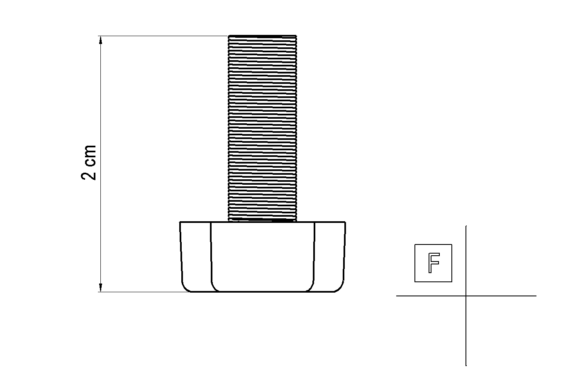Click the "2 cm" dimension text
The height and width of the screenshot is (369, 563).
(x=89, y=162)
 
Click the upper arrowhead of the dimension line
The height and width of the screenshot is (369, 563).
(x=101, y=40)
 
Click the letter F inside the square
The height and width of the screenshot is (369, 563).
(x=434, y=263)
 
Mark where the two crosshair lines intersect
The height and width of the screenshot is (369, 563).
(x=466, y=296)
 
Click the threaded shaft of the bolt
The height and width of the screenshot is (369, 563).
(x=262, y=128)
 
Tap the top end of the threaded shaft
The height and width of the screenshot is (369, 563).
(x=262, y=36)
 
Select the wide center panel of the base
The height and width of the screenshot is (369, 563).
(x=262, y=257)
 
